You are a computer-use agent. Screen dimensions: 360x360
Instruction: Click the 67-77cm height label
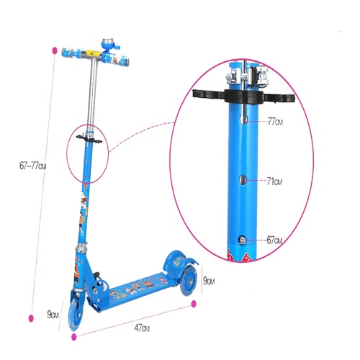click(x=32, y=166)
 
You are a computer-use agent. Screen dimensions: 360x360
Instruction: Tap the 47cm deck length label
click(x=142, y=328)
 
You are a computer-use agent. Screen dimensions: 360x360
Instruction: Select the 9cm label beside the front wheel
click(x=53, y=314)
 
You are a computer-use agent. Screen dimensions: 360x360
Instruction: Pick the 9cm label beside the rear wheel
click(x=209, y=281)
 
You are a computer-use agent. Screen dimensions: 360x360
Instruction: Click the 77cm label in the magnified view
click(x=275, y=122)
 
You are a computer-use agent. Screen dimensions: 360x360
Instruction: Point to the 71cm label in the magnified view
click(x=274, y=181)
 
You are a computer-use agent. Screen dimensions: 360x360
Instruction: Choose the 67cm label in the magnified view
click(x=274, y=240)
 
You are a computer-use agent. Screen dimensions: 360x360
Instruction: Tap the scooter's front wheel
click(x=76, y=312)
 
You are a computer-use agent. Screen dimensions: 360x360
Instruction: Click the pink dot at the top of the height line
click(x=55, y=50)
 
